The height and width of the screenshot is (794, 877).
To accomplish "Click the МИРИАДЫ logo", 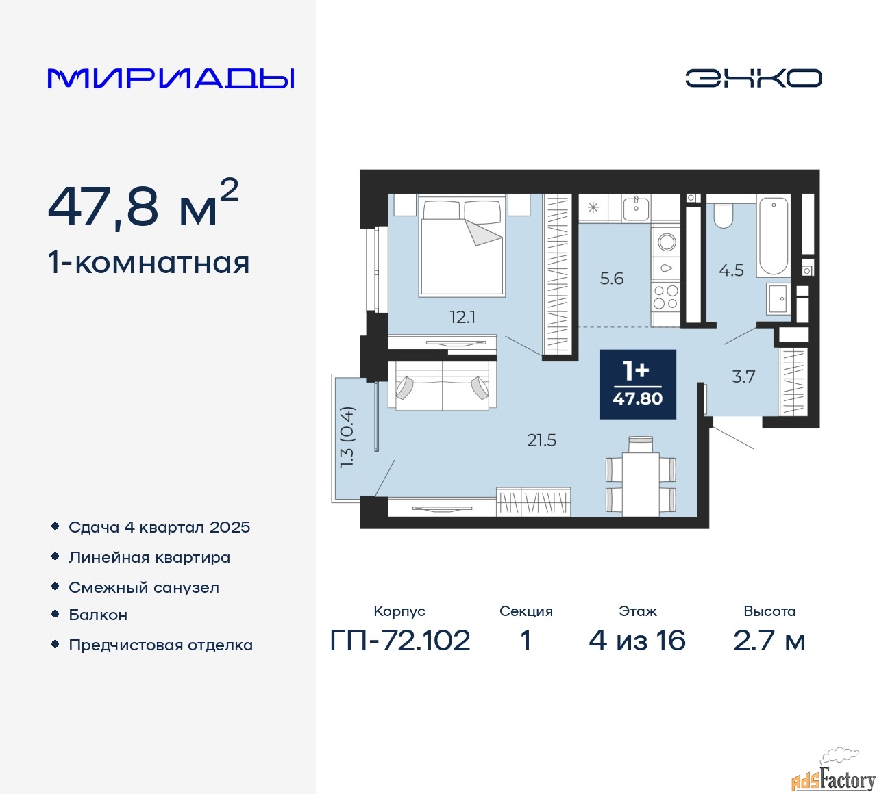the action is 171,79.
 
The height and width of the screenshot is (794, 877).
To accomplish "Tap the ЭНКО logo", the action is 753,79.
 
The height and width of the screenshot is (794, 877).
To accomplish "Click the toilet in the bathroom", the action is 723,216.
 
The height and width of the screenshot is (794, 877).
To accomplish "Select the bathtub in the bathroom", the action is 774,237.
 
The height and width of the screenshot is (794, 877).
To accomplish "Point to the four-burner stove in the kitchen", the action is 665,296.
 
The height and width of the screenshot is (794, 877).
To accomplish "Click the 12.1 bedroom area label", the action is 462,317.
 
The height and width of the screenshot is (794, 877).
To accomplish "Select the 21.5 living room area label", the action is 542,440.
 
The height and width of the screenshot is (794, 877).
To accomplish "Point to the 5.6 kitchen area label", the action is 612,278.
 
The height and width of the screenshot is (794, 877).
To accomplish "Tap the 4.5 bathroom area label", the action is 732,270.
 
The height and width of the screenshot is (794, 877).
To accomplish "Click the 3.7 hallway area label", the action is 743,376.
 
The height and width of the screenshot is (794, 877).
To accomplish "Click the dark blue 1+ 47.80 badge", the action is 638,384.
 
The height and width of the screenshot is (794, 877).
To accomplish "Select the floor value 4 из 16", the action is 637,641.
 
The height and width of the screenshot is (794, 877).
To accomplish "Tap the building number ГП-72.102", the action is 400,641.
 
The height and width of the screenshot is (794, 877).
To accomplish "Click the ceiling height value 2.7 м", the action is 769,641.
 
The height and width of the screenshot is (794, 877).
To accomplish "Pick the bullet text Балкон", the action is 98,615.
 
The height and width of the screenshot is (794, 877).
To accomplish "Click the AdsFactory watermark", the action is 833,778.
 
